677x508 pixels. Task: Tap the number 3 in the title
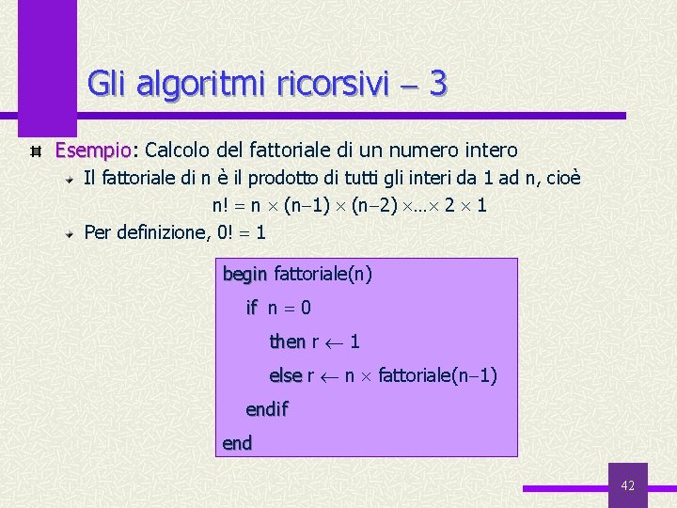[437, 84]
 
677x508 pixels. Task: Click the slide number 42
[628, 485]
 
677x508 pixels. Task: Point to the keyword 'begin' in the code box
[245, 275]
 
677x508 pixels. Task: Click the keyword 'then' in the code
[288, 341]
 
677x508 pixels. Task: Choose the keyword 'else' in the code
[286, 376]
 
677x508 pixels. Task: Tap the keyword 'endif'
[266, 409]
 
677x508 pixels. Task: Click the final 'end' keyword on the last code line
[237, 442]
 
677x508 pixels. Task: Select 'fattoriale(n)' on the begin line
[323, 275]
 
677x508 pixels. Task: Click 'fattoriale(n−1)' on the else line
[437, 376]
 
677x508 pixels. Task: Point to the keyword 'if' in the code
[251, 308]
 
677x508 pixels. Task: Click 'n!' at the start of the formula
[222, 205]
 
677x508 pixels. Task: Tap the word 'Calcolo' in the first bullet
[179, 151]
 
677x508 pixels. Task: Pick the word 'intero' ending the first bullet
[493, 151]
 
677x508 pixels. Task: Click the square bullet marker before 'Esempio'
[36, 151]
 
